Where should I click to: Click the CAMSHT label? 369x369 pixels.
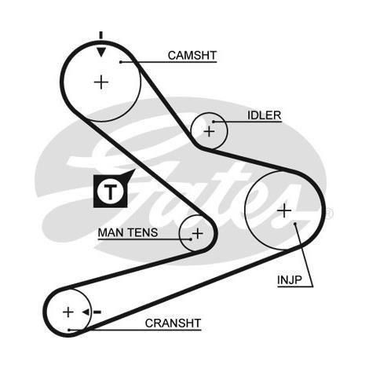pyautogui.click(x=192, y=56)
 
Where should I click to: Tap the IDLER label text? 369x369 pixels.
pyautogui.click(x=265, y=115)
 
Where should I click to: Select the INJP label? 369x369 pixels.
pyautogui.click(x=290, y=280)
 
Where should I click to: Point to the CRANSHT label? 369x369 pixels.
pyautogui.click(x=173, y=323)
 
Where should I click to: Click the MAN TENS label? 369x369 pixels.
pyautogui.click(x=128, y=232)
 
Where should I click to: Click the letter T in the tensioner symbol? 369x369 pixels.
pyautogui.click(x=110, y=192)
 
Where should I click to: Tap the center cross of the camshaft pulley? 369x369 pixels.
pyautogui.click(x=101, y=82)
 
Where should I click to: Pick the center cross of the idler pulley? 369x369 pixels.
pyautogui.click(x=209, y=131)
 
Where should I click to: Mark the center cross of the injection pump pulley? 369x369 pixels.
pyautogui.click(x=284, y=210)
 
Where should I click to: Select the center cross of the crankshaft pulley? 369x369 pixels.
pyautogui.click(x=68, y=312)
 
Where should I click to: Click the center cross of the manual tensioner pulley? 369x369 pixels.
pyautogui.click(x=198, y=233)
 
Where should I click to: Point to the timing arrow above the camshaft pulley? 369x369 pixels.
pyautogui.click(x=101, y=44)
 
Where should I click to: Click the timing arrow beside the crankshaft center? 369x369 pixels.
pyautogui.click(x=91, y=312)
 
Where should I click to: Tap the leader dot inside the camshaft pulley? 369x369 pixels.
pyautogui.click(x=121, y=62)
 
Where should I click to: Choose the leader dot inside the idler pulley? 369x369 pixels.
pyautogui.click(x=214, y=122)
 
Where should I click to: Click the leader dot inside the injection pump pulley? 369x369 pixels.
pyautogui.click(x=295, y=224)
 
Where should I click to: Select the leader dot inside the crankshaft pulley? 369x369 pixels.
pyautogui.click(x=69, y=330)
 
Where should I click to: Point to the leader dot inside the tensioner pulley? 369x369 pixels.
pyautogui.click(x=191, y=239)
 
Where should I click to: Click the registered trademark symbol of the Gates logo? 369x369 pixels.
pyautogui.click(x=330, y=214)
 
